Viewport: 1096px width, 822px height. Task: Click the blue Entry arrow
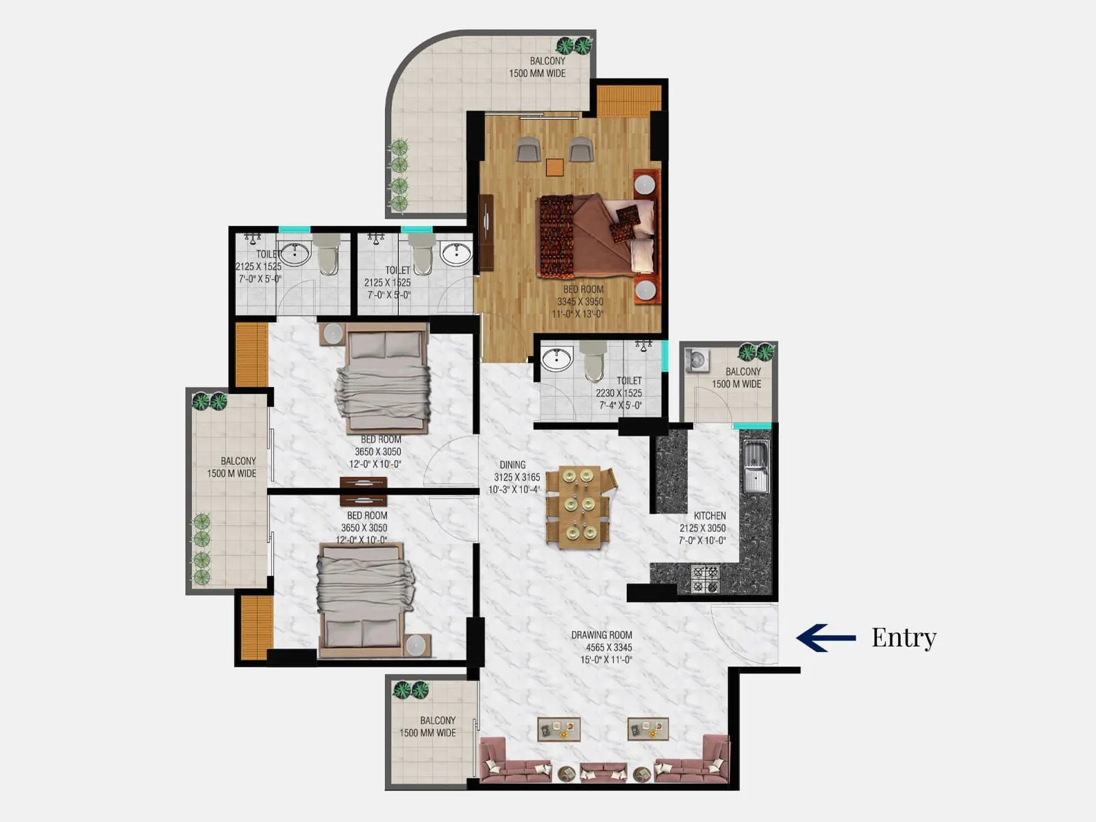(x=825, y=637)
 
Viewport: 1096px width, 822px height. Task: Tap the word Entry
(x=904, y=637)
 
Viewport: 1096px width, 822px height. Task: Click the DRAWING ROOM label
(x=601, y=635)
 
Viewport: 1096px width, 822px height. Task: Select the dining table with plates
(x=577, y=507)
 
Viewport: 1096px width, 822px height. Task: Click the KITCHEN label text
(x=709, y=515)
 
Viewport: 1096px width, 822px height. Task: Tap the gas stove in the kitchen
(x=705, y=579)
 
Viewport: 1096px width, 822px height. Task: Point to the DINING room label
(x=512, y=464)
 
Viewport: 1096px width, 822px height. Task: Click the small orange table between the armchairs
(x=555, y=167)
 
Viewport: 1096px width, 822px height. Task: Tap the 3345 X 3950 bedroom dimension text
(x=580, y=301)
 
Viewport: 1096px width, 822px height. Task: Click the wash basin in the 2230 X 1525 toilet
(x=556, y=359)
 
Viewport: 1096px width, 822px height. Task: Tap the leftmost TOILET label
(x=267, y=254)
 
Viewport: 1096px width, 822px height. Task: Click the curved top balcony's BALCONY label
(x=547, y=61)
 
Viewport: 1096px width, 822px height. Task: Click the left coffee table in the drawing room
(x=558, y=729)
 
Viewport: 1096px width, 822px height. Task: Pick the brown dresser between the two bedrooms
(x=363, y=490)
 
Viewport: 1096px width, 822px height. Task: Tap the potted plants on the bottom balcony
(x=410, y=690)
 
